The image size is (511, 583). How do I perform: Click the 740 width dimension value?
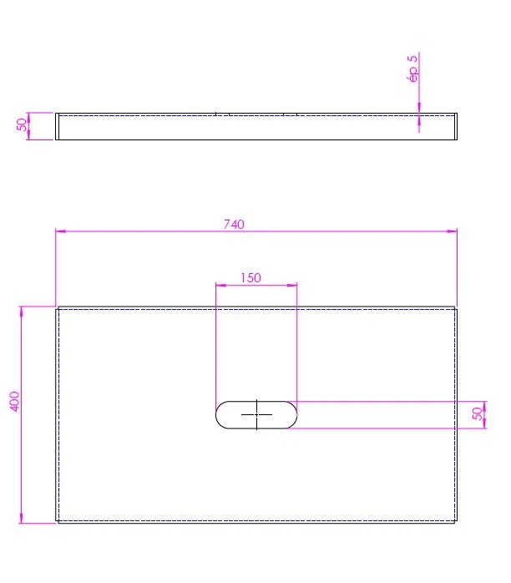pyautogui.click(x=234, y=224)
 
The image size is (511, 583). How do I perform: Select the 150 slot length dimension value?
pyautogui.click(x=250, y=278)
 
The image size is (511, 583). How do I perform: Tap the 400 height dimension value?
pyautogui.click(x=14, y=401)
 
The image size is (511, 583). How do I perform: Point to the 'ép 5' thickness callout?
pyautogui.click(x=412, y=68)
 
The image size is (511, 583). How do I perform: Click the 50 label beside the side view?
pyautogui.click(x=22, y=124)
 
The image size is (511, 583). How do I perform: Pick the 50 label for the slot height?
pyautogui.click(x=478, y=413)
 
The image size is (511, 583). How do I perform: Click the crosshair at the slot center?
pyautogui.click(x=256, y=414)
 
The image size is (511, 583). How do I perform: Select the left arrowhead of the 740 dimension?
pyautogui.click(x=61, y=231)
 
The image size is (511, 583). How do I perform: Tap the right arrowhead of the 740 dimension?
pyautogui.click(x=452, y=231)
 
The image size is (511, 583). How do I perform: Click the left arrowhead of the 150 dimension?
pyautogui.click(x=220, y=285)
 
